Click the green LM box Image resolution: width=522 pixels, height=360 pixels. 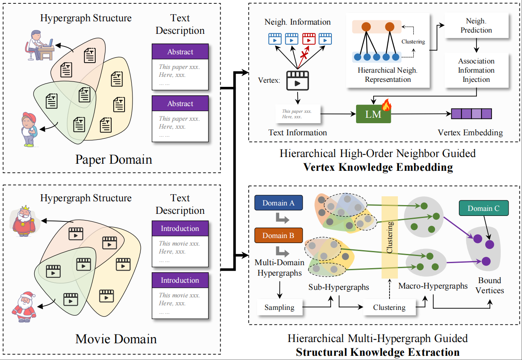click(x=373, y=114)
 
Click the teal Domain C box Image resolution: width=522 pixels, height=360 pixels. click(x=484, y=208)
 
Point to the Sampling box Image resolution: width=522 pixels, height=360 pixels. click(x=279, y=307)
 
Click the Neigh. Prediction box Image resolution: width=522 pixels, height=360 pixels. click(x=476, y=26)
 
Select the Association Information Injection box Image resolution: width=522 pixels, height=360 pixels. click(x=476, y=70)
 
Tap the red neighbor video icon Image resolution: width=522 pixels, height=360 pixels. click(x=308, y=38)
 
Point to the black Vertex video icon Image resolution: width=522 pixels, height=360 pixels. click(x=297, y=80)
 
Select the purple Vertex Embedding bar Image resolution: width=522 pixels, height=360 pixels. click(x=471, y=114)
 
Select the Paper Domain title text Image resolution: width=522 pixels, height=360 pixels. click(x=114, y=160)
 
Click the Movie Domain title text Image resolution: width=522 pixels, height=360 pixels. click(x=116, y=339)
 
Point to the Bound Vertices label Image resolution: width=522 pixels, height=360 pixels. click(x=489, y=285)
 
